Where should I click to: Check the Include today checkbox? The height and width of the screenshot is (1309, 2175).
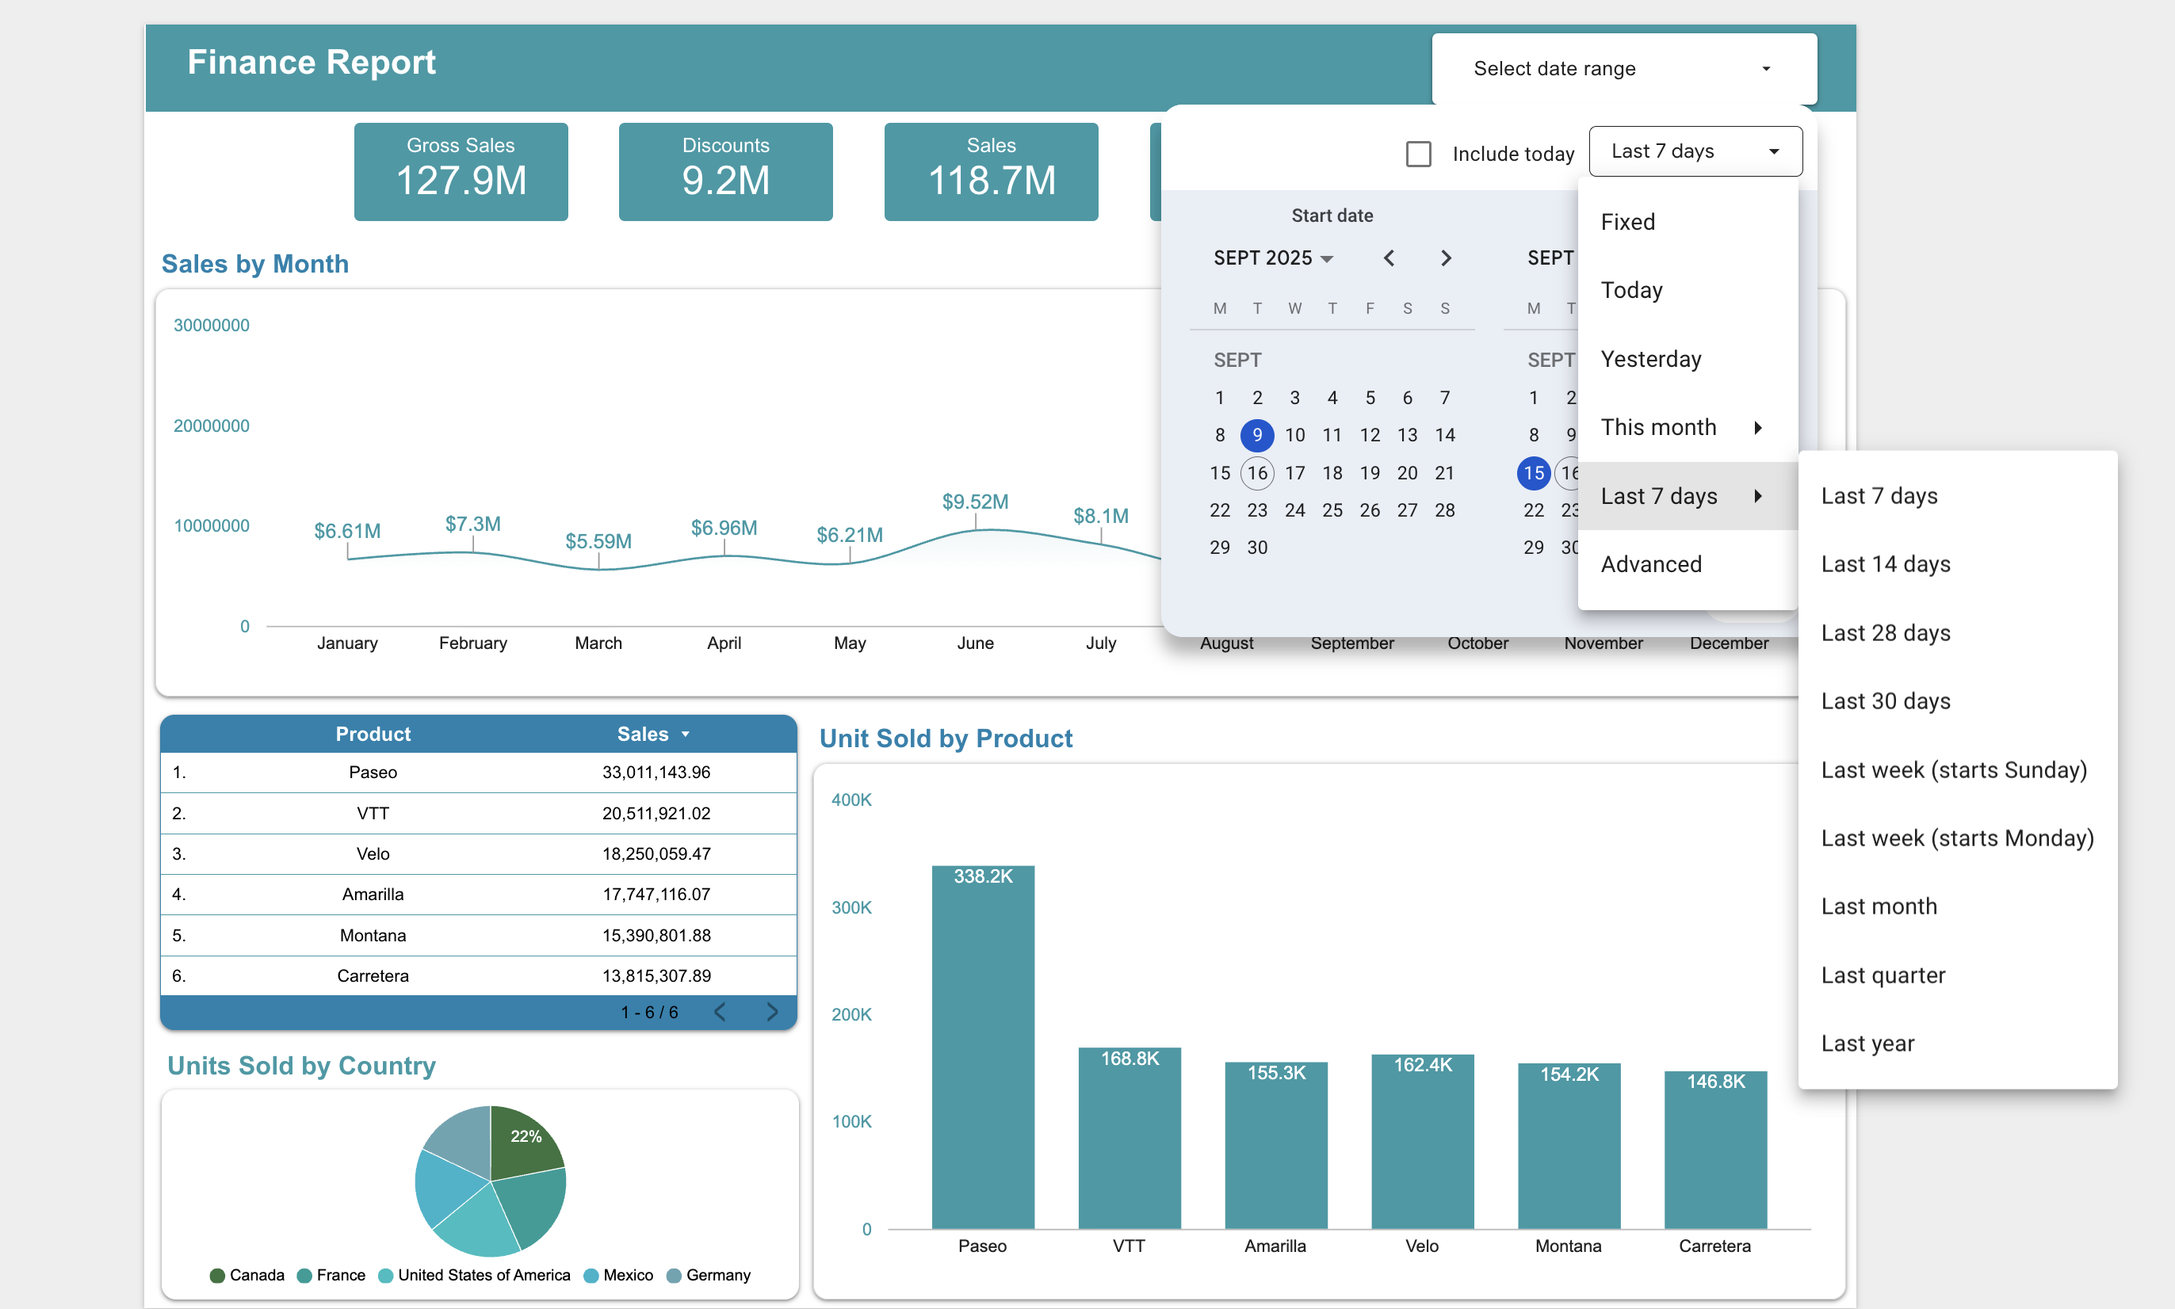(1418, 155)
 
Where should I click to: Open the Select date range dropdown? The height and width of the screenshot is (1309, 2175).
(1623, 69)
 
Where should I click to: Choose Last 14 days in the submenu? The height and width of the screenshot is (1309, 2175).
(1886, 564)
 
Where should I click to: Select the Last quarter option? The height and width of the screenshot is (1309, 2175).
(1883, 975)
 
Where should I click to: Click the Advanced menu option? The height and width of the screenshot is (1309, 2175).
(1651, 564)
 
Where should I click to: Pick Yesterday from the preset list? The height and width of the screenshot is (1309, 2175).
(1651, 359)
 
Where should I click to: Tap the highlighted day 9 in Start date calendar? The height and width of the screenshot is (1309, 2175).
(1256, 435)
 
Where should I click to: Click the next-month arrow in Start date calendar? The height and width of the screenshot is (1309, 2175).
(1445, 258)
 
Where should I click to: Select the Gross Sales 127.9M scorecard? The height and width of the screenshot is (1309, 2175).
(461, 171)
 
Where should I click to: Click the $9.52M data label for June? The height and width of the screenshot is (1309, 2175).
(975, 502)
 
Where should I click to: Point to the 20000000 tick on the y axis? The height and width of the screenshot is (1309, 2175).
(211, 426)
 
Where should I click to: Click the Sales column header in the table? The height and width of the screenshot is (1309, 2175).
(644, 734)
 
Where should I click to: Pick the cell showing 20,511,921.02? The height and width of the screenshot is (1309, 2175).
(656, 813)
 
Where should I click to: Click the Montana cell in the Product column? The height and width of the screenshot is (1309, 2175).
(373, 935)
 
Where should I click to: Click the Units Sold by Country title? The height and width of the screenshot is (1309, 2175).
(301, 1066)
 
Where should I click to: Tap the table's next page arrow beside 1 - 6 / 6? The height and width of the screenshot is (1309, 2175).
(772, 1012)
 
